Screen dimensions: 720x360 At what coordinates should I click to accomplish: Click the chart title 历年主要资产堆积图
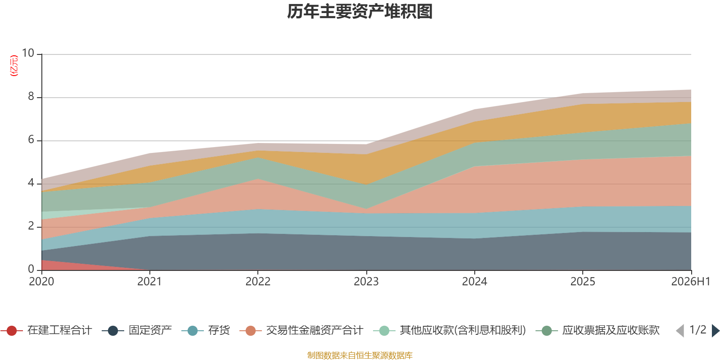[x=360, y=12]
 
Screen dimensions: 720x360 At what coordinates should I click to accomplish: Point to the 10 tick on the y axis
[x=28, y=53]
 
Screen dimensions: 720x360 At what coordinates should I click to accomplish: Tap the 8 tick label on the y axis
[x=31, y=96]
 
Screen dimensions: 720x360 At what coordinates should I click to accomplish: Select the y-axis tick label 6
[x=31, y=139]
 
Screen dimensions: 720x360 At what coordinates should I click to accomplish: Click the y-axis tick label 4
[x=31, y=183]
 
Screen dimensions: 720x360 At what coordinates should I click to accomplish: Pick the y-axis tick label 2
[x=31, y=226]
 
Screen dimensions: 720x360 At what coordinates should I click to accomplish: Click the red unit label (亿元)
[x=14, y=66]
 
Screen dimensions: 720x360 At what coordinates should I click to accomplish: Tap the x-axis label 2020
[x=41, y=282]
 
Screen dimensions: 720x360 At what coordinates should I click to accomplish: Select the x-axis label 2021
[x=149, y=282]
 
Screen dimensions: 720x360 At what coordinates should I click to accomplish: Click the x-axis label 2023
[x=366, y=282]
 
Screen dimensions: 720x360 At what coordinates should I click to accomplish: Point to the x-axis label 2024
[x=474, y=282]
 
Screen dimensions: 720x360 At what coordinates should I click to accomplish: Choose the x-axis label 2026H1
[x=690, y=282]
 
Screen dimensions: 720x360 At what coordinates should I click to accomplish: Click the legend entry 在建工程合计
[x=46, y=330]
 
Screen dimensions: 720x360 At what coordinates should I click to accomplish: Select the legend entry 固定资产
[x=137, y=330]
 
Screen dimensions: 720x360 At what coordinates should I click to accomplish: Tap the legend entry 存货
[x=206, y=330]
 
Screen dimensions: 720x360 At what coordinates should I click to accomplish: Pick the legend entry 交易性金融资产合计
[x=301, y=330]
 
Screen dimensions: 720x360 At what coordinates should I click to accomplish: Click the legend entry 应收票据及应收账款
[x=598, y=330]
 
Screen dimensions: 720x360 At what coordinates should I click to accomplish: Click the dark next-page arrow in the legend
[x=715, y=330]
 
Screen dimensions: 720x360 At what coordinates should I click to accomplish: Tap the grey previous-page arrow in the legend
[x=680, y=330]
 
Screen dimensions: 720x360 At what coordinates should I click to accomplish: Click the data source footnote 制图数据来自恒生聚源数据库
[x=360, y=355]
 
